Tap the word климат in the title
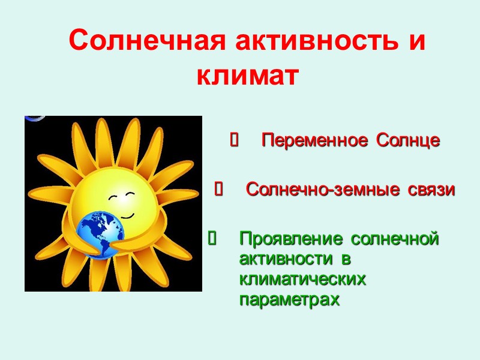(x=247, y=76)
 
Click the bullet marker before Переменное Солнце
(x=234, y=141)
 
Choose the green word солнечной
(x=395, y=239)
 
